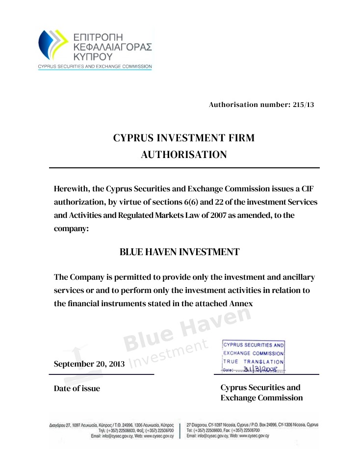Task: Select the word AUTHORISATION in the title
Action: pyautogui.click(x=184, y=155)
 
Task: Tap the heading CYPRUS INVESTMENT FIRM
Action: pyautogui.click(x=184, y=138)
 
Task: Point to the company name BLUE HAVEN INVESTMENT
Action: pyautogui.click(x=180, y=252)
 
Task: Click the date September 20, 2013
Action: pyautogui.click(x=89, y=364)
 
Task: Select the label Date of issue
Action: pyautogui.click(x=77, y=389)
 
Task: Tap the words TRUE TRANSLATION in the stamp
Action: pyautogui.click(x=254, y=362)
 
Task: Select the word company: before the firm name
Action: pyautogui.click(x=71, y=229)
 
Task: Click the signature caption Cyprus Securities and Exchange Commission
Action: pyautogui.click(x=261, y=393)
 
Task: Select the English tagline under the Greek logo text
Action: pyautogui.click(x=95, y=66)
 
